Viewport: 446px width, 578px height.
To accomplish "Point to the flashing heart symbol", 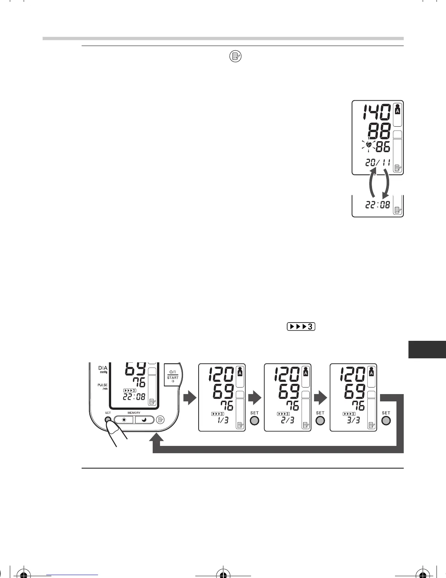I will [x=369, y=146].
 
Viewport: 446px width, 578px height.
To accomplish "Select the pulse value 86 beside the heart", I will [x=383, y=147].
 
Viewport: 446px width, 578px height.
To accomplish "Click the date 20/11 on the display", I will [x=377, y=163].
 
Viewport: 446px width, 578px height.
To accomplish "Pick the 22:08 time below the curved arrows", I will [x=377, y=205].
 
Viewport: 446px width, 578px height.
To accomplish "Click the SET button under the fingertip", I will [x=108, y=420].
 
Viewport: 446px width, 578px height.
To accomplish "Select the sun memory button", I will [x=124, y=420].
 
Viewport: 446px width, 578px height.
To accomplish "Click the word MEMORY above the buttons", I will [x=134, y=413].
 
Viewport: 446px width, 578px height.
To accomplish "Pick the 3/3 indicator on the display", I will [x=353, y=420].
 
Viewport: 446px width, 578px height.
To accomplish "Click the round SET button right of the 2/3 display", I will [x=320, y=421].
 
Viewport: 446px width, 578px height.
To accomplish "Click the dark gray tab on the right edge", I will [x=427, y=349].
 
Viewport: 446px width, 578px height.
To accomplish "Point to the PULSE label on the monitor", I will [x=102, y=385].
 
